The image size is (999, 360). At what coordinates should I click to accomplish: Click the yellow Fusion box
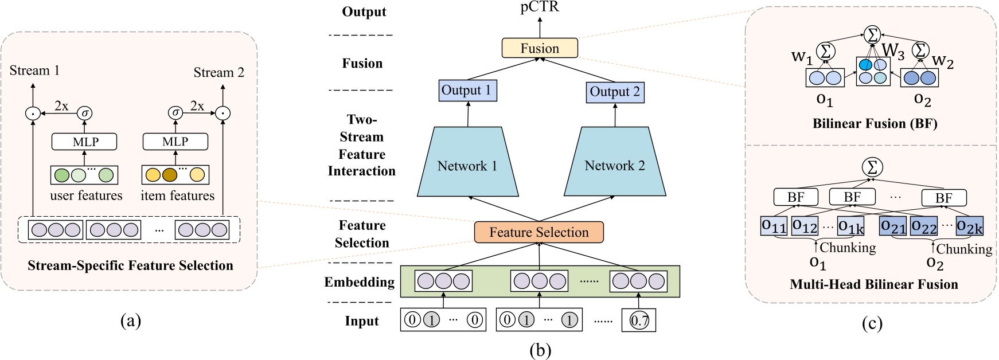tap(539, 48)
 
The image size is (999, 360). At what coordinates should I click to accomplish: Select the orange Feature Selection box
tap(538, 232)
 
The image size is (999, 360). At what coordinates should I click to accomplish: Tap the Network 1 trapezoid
tap(467, 165)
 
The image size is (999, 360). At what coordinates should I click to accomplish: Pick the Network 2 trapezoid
tap(615, 165)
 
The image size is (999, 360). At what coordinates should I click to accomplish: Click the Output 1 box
tap(466, 91)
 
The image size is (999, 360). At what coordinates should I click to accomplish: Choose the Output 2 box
tap(615, 92)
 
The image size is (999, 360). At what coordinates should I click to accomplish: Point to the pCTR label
tap(539, 7)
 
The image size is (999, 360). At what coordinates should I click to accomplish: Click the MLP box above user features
tap(85, 142)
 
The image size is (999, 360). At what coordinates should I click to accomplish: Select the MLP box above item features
tap(175, 142)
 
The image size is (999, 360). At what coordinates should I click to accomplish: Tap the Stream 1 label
tap(34, 71)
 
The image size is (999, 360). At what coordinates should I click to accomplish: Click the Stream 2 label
tap(218, 72)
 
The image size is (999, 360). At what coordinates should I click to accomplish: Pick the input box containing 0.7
tap(639, 320)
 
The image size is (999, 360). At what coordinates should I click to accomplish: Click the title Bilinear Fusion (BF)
tap(875, 123)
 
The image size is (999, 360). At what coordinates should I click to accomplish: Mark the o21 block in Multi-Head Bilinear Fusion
tap(893, 226)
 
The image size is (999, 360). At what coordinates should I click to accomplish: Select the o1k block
tap(850, 226)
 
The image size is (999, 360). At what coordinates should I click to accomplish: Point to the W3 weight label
tap(893, 51)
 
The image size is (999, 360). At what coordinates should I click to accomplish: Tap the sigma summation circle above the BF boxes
tap(872, 167)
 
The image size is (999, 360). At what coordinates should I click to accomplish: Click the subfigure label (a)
tap(130, 320)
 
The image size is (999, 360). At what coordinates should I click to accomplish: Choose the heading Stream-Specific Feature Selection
tap(130, 265)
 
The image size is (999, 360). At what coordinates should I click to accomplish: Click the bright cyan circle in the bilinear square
tap(865, 65)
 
